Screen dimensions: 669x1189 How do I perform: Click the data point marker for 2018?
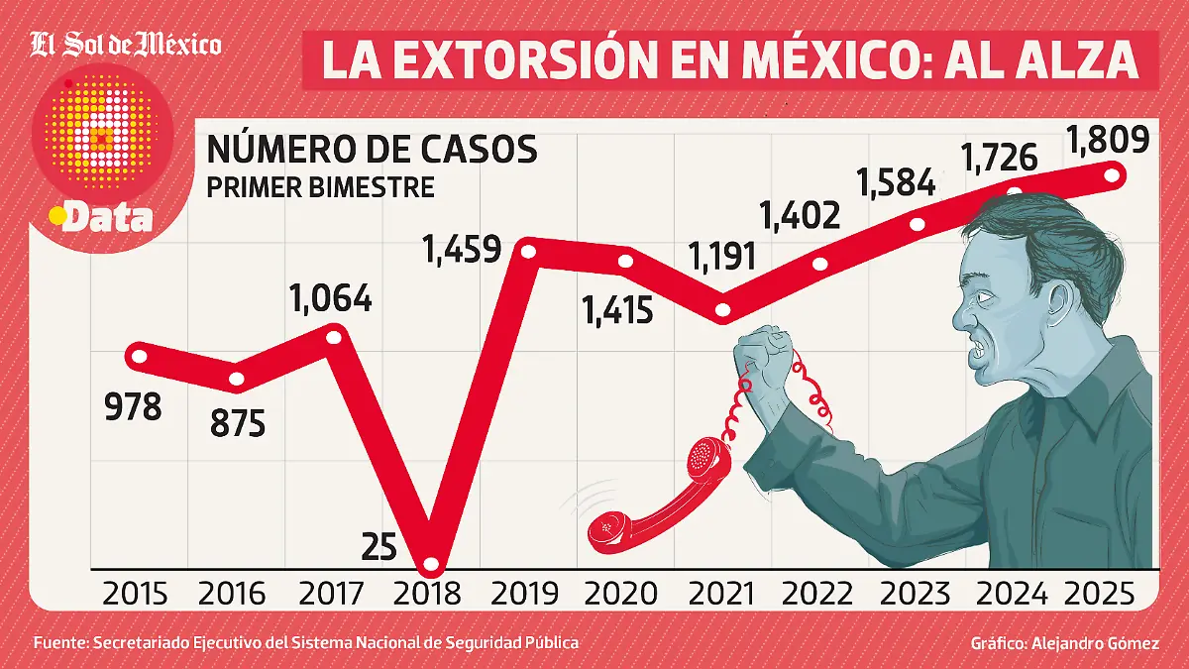click(431, 566)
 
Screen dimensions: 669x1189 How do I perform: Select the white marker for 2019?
click(528, 252)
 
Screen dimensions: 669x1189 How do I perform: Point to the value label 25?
click(380, 546)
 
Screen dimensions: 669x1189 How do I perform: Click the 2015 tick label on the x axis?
click(136, 594)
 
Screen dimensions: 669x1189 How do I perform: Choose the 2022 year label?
click(816, 594)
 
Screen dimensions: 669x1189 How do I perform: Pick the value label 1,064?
click(331, 298)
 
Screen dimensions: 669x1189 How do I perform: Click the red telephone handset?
click(654, 505)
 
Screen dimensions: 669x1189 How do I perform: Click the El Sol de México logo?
click(126, 44)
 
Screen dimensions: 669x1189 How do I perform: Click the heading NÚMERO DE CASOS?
click(372, 150)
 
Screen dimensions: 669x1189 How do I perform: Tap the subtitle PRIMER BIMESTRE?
click(320, 186)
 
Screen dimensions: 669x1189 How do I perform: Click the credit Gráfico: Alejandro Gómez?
click(1064, 643)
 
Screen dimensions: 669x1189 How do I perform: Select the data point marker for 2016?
click(237, 379)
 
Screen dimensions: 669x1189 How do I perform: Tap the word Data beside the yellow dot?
click(107, 218)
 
